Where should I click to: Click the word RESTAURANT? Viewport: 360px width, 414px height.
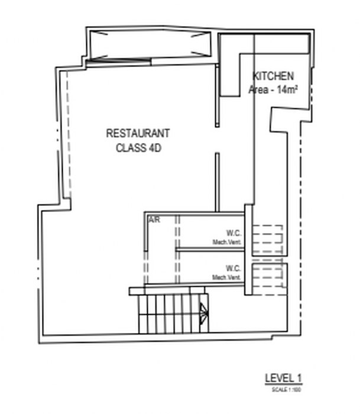click(x=138, y=134)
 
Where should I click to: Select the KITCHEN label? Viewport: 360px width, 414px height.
click(x=273, y=77)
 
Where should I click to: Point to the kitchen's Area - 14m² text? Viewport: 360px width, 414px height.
click(x=273, y=90)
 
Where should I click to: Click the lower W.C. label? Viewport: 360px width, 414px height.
click(x=232, y=268)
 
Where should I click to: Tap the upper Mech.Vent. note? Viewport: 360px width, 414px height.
click(x=226, y=242)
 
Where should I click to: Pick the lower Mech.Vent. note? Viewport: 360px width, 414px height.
click(x=226, y=277)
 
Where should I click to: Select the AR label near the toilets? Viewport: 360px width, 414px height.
click(x=154, y=220)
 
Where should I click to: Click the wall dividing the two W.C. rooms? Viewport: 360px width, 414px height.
click(x=210, y=250)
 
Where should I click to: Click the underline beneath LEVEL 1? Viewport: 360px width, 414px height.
click(x=284, y=385)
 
